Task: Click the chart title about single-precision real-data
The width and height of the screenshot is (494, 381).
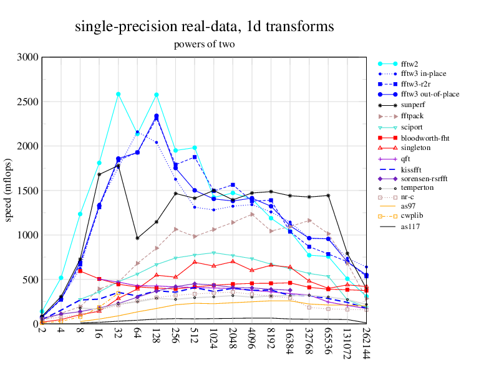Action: coord(204,26)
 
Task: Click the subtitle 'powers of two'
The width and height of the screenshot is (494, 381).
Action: coord(204,45)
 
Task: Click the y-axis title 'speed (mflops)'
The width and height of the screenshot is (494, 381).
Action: coord(9,190)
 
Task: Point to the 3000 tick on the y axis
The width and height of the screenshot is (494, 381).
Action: coord(27,57)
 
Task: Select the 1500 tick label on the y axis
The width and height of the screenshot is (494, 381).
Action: coord(27,190)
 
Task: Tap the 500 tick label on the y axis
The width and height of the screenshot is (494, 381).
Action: coord(30,280)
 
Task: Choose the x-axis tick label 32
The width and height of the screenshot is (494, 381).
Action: coord(118,334)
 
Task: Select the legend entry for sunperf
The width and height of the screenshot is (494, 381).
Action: coord(413,105)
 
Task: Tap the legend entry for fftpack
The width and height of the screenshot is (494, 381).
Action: coord(413,116)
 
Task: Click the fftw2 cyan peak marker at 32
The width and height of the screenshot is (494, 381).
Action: coord(118,94)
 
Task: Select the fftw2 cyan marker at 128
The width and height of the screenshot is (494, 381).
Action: coord(156,95)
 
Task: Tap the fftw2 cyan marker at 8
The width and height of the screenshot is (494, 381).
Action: coord(80,214)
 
